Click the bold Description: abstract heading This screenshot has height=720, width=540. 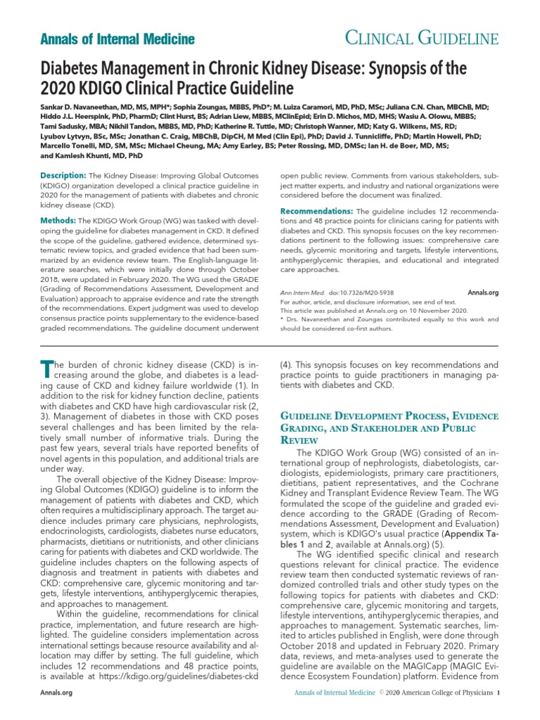click(63, 174)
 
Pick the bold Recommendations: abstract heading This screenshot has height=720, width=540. click(316, 211)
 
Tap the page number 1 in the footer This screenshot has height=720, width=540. click(498, 693)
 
